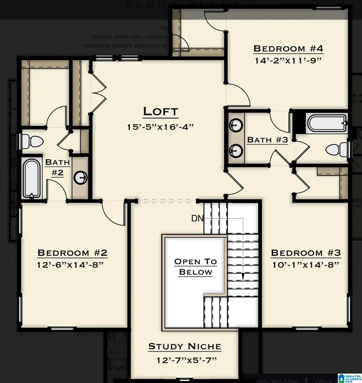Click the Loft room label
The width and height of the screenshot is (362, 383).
160,111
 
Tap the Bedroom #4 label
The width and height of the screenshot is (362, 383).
288,49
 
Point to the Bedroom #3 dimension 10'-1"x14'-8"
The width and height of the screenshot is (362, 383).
306,265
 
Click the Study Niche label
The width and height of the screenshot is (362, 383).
185,346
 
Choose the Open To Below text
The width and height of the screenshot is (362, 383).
195,267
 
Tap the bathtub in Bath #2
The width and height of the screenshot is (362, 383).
31,178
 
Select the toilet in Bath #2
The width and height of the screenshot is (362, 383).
32,141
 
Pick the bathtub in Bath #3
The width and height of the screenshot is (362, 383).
326,123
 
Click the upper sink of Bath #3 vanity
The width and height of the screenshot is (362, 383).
235,124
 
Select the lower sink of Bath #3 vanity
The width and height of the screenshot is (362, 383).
235,152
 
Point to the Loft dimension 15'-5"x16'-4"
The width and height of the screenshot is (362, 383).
160,127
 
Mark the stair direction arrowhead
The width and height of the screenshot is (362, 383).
243,277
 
